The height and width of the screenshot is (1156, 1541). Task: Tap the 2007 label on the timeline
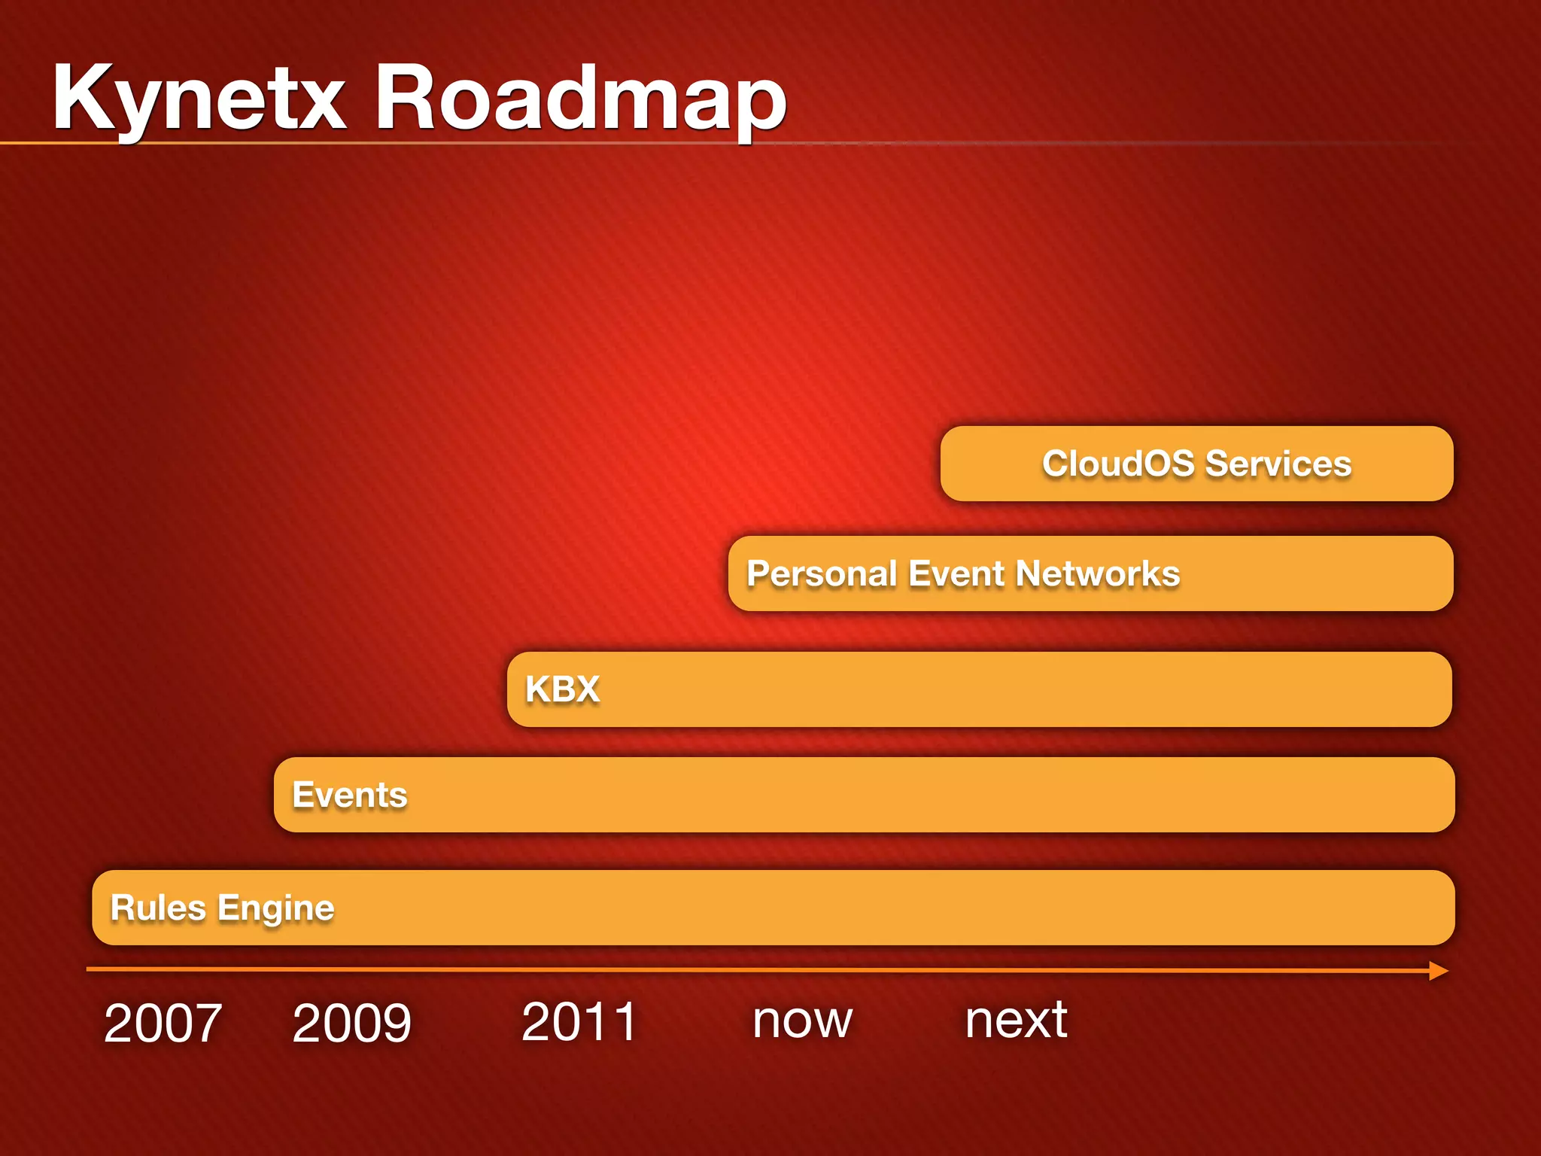click(x=163, y=1024)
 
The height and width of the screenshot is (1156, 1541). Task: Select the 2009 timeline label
click(x=351, y=1024)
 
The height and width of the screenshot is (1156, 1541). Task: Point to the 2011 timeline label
click(x=579, y=1022)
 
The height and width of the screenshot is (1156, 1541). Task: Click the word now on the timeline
click(x=803, y=1022)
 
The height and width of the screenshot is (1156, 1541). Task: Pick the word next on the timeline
click(x=1016, y=1021)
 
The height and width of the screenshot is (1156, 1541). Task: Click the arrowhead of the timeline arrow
click(x=1439, y=971)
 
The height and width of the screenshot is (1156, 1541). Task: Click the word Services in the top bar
click(x=1278, y=464)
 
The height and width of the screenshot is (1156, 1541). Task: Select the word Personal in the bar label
click(x=822, y=573)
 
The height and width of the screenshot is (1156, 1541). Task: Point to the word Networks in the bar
click(x=1098, y=573)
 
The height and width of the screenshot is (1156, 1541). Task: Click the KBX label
click(x=562, y=689)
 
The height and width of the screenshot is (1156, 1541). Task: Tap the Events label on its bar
click(x=350, y=796)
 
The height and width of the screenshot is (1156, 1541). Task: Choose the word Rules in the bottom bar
click(x=158, y=908)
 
